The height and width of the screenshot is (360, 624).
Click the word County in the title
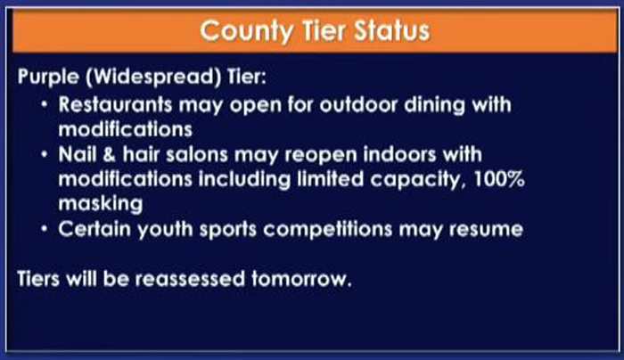point(246,32)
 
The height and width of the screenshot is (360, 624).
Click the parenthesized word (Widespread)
point(153,77)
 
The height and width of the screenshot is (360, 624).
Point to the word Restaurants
point(115,105)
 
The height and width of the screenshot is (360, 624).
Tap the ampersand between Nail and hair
point(109,154)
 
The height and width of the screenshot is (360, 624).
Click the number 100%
point(499,179)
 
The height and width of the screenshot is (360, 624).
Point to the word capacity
point(418,180)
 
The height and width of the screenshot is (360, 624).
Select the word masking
point(101,204)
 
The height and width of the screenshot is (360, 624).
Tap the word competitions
point(327,230)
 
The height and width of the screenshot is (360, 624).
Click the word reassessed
point(190,279)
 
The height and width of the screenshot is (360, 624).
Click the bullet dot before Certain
point(45,229)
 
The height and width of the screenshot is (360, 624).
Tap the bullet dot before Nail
point(45,154)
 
